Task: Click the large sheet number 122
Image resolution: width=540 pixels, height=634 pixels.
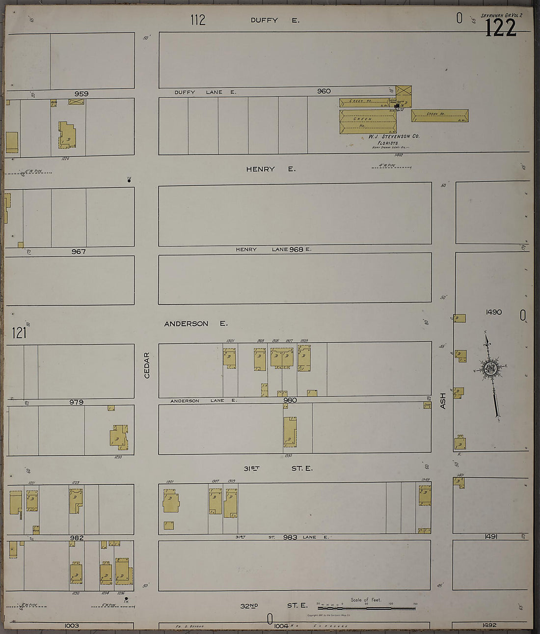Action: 501,28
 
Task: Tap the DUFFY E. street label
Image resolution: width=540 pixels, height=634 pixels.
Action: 274,20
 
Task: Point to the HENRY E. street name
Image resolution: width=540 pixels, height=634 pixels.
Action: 270,169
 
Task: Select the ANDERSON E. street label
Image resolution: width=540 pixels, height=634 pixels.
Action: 196,324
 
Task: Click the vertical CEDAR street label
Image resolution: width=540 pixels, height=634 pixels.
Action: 147,365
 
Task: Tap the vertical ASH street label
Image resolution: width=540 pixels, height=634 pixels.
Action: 443,400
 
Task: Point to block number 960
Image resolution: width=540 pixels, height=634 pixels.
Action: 324,91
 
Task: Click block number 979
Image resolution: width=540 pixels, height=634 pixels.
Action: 76,402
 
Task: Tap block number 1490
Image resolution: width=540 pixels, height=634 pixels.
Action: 493,312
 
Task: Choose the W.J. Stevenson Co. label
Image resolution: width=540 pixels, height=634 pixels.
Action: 394,137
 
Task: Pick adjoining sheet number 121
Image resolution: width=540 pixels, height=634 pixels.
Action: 19,333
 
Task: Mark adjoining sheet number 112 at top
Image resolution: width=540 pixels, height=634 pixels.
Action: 198,20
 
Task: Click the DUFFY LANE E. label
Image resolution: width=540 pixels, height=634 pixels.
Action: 205,92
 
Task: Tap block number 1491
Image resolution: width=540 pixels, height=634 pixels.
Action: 490,537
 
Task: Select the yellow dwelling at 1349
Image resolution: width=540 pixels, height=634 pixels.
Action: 425,496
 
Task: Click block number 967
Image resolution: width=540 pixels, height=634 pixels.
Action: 79,251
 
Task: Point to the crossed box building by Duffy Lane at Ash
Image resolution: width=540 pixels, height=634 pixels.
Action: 404,91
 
